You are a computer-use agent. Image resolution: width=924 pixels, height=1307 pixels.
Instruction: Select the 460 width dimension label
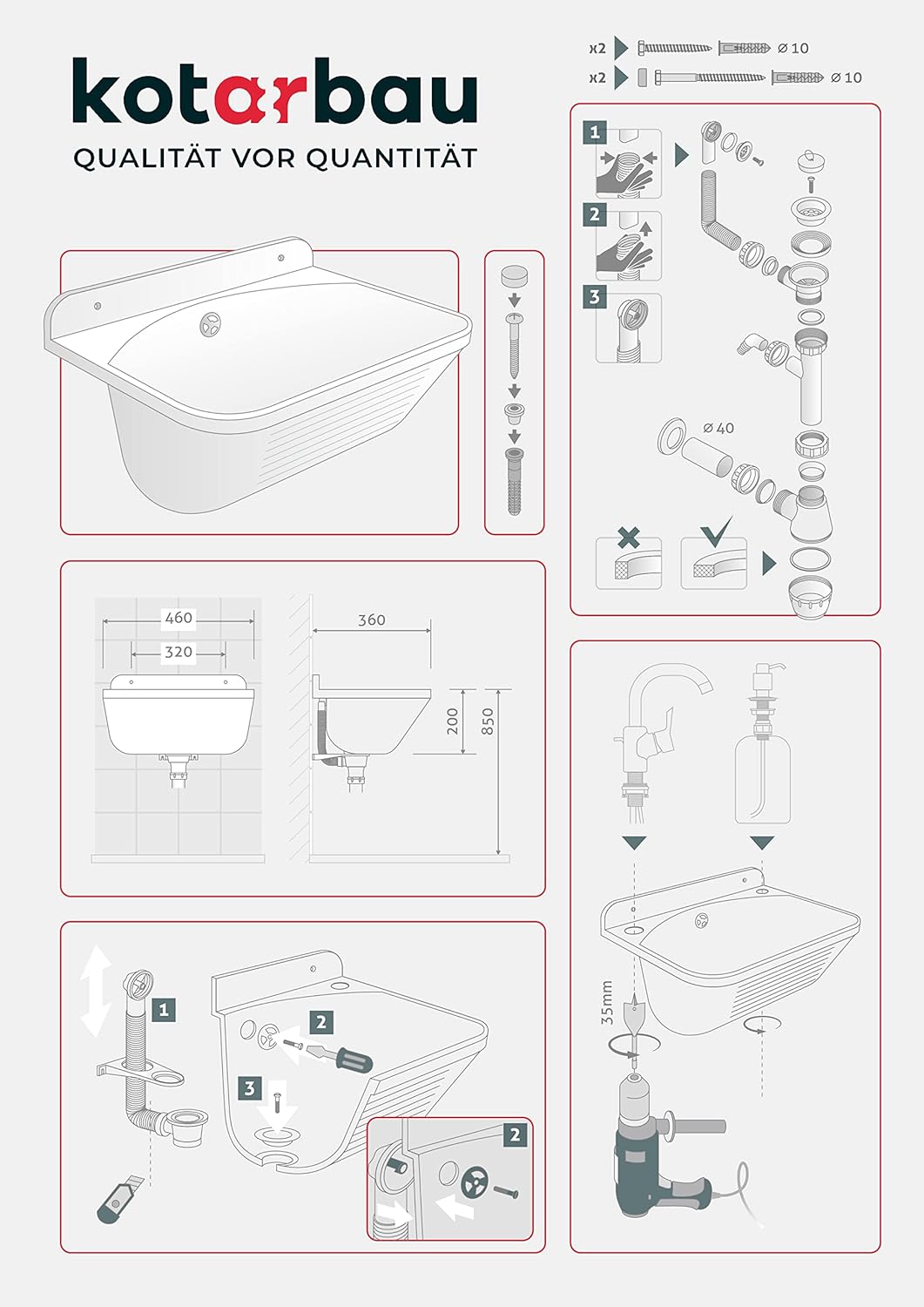coord(179,617)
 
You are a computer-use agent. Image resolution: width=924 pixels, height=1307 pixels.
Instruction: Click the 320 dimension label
coord(179,651)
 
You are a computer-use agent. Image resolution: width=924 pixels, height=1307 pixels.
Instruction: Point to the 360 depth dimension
coord(372,620)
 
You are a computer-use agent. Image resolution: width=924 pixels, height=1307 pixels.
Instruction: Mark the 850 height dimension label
coord(488,721)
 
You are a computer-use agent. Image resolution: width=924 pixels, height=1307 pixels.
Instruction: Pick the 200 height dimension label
coord(452,721)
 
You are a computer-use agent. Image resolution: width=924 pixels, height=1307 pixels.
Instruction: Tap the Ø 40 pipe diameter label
coord(718,429)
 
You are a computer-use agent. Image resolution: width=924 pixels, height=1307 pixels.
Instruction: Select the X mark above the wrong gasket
coord(628,537)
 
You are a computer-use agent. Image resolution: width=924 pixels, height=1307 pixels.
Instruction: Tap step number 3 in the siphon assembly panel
coord(594,297)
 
